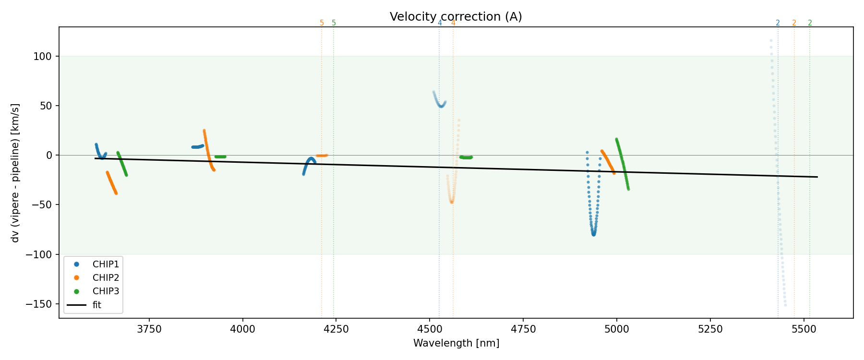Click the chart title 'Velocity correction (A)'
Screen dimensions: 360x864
coord(456,17)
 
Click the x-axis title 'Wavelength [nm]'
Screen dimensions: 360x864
coord(456,343)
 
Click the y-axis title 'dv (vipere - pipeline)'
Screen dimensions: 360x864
coord(15,173)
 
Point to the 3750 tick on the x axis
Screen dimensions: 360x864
coord(149,329)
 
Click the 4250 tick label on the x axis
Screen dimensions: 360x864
coord(336,329)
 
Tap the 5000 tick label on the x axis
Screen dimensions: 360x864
coord(617,329)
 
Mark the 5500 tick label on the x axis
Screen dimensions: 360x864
coord(804,329)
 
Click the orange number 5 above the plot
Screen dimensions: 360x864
coord(322,23)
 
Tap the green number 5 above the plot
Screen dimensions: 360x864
coord(334,23)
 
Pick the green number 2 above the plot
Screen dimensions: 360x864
coord(810,23)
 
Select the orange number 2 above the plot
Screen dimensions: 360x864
coord(794,23)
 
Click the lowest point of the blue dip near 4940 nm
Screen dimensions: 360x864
coord(594,234)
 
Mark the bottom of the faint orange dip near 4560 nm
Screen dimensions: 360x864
coord(452,202)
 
